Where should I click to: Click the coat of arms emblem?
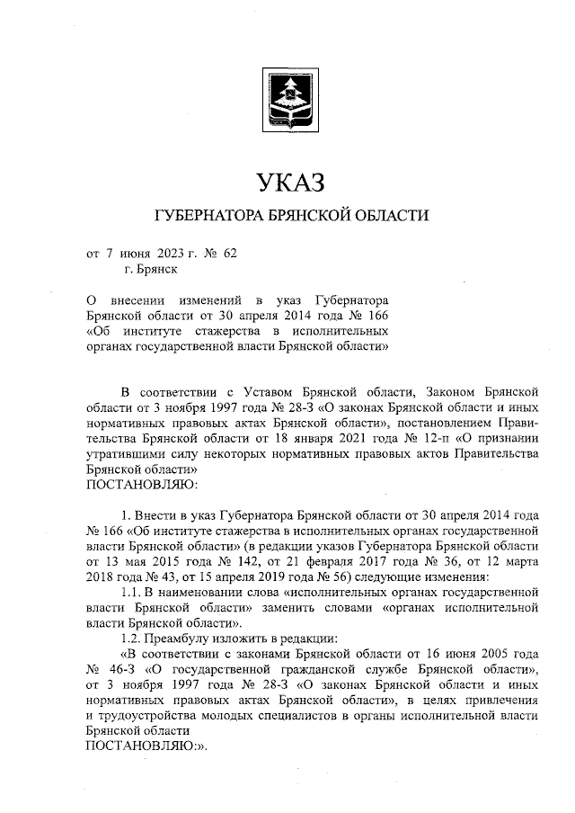pyautogui.click(x=287, y=100)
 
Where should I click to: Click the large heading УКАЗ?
pyautogui.click(x=287, y=183)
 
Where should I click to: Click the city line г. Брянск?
pyautogui.click(x=152, y=268)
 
